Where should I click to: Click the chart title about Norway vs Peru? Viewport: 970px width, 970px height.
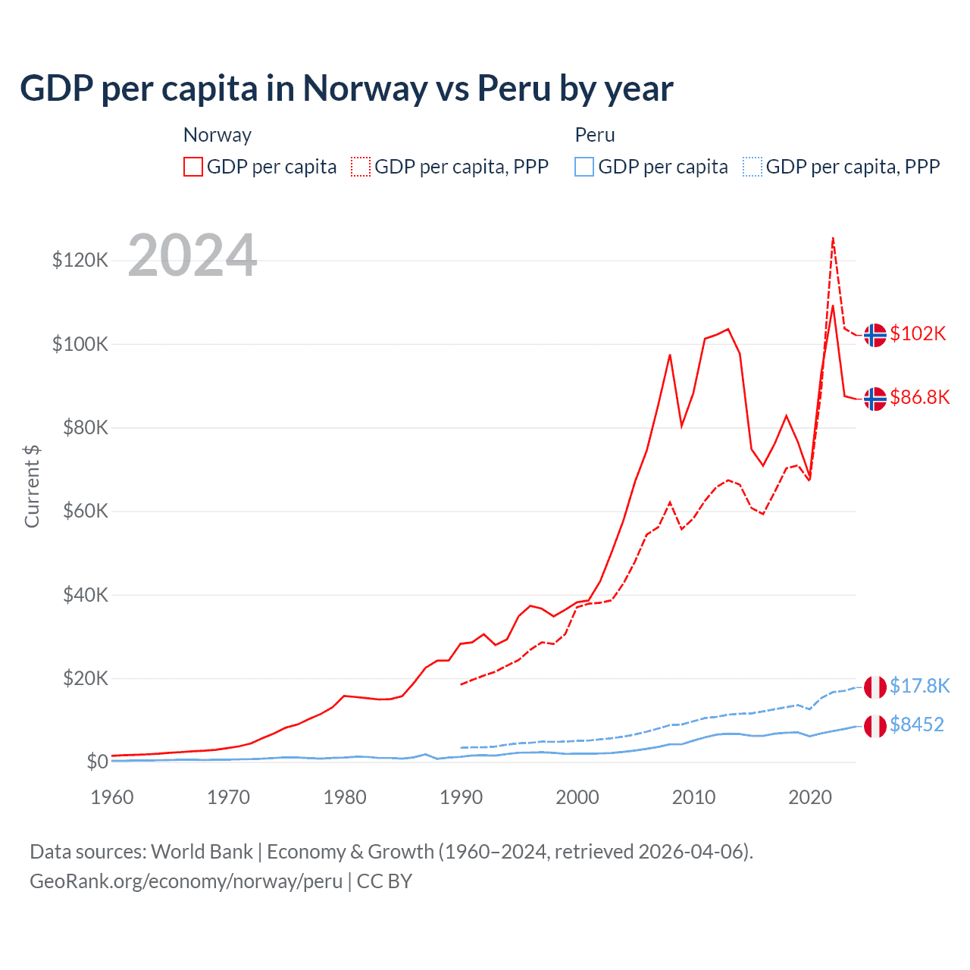point(346,89)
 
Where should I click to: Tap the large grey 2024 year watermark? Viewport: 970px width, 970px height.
point(192,255)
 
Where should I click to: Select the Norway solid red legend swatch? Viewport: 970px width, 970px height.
point(193,167)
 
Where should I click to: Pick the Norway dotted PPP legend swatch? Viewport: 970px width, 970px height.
point(361,167)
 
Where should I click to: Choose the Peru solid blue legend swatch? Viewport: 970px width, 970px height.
point(584,167)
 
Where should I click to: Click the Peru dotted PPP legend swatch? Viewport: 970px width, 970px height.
point(753,167)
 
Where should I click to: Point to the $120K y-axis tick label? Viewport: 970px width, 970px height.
point(80,261)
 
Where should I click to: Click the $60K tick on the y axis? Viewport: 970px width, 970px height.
point(84,512)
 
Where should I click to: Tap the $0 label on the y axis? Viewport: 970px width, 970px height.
point(97,762)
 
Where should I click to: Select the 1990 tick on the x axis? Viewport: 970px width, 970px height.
point(461,797)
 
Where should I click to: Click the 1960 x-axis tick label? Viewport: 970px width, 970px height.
point(112,797)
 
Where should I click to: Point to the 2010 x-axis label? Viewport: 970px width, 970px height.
point(693,797)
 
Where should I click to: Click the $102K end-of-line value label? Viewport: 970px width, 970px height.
point(918,333)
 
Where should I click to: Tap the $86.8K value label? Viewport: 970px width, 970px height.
point(919,397)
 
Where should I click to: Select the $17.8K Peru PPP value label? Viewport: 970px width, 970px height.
point(919,686)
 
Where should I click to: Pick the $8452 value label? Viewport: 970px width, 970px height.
point(916,724)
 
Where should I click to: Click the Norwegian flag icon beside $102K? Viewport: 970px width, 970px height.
point(875,334)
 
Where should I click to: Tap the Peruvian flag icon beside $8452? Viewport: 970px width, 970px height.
point(875,726)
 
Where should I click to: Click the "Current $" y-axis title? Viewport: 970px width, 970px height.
point(32,487)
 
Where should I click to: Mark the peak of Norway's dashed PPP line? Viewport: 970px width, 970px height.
point(833,238)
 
